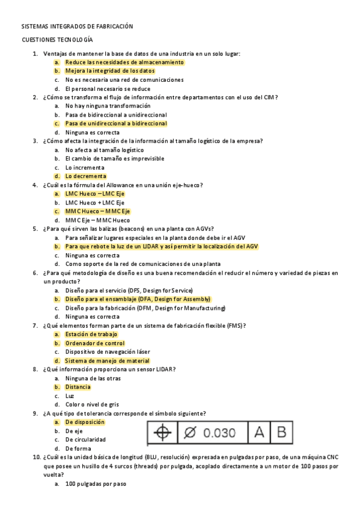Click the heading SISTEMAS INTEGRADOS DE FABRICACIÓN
[x=77, y=27]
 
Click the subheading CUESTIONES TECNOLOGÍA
[x=57, y=40]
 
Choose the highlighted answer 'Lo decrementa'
[x=86, y=176]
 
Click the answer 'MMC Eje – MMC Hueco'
[x=97, y=220]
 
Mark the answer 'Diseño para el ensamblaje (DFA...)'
[x=138, y=299]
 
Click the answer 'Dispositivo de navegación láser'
[x=108, y=352]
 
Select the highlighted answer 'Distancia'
[x=78, y=387]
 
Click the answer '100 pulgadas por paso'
[x=96, y=484]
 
